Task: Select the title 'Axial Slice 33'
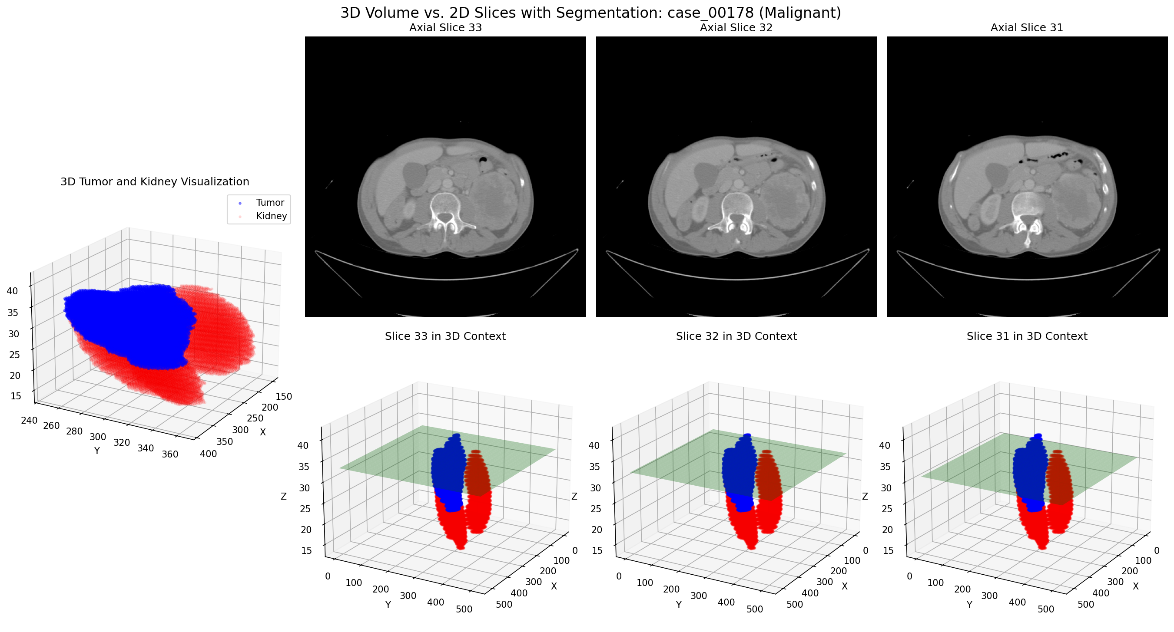445,28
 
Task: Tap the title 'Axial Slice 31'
1026,28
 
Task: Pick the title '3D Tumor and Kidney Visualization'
155,182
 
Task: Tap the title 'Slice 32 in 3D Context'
736,336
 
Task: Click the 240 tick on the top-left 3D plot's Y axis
29,420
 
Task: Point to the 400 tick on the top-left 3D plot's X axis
208,454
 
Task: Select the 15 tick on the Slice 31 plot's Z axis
888,550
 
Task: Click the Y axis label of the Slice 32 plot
679,605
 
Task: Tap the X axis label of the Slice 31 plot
1135,586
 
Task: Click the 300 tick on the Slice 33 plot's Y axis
408,596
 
